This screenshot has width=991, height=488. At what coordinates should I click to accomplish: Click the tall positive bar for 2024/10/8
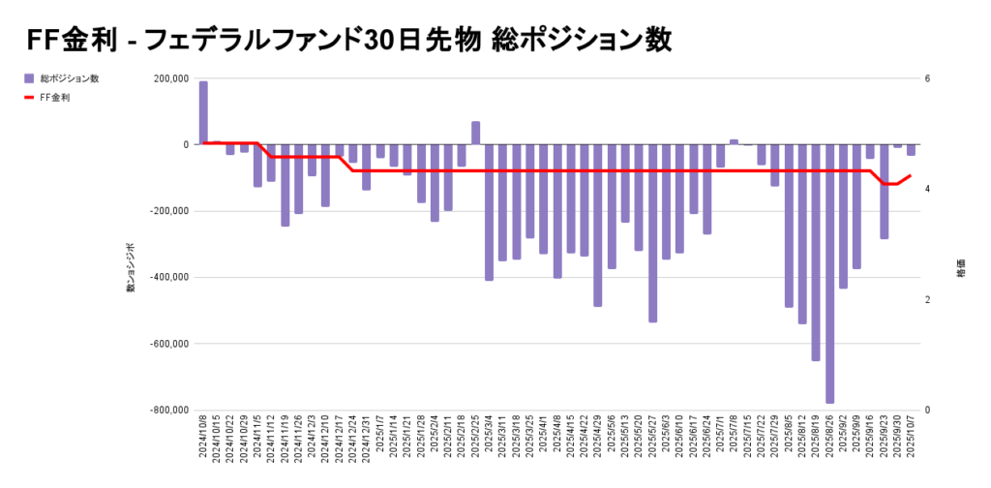pyautogui.click(x=203, y=112)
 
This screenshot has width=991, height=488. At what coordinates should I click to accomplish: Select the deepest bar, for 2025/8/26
pyautogui.click(x=829, y=273)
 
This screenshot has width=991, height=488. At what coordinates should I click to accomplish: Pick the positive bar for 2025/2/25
pyautogui.click(x=476, y=133)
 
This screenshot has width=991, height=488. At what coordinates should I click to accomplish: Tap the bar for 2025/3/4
pyautogui.click(x=490, y=212)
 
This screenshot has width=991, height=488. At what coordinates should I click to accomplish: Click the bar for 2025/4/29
pyautogui.click(x=598, y=225)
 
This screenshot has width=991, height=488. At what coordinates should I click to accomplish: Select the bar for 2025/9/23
pyautogui.click(x=885, y=191)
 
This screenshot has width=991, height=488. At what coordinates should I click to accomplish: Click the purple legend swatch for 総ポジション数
pyautogui.click(x=29, y=78)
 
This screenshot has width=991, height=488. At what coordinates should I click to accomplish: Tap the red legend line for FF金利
pyautogui.click(x=29, y=98)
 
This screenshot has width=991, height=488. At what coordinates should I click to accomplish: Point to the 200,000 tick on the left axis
pyautogui.click(x=170, y=78)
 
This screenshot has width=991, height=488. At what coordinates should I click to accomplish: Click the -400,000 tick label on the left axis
pyautogui.click(x=168, y=277)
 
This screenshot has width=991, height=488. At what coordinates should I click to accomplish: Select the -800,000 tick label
pyautogui.click(x=168, y=410)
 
